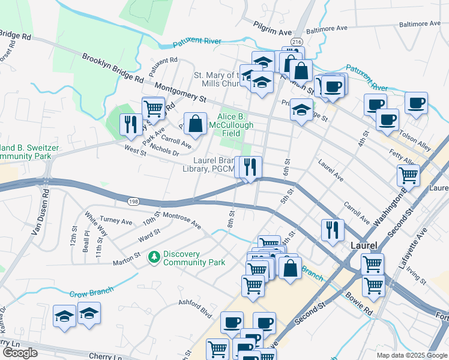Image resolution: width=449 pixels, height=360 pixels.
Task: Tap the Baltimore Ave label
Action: [x=327, y=28]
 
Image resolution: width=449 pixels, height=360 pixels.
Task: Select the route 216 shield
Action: [x=297, y=41]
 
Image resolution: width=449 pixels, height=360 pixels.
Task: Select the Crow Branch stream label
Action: [x=91, y=292]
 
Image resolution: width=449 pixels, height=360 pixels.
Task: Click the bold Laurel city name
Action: [x=364, y=246]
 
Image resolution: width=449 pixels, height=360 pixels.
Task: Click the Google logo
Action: [x=20, y=352]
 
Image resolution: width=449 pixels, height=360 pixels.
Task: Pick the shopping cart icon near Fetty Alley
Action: [x=408, y=175]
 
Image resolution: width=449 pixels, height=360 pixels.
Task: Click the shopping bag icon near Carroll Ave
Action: [x=194, y=124]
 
